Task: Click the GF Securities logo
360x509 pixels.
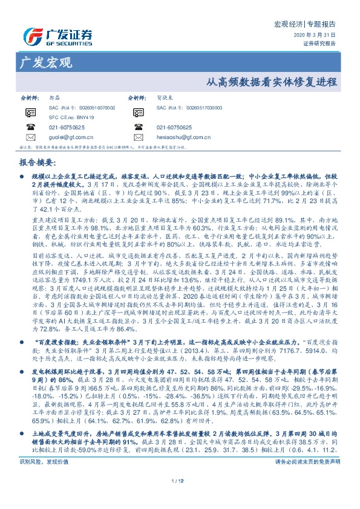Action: pyautogui.click(x=57, y=36)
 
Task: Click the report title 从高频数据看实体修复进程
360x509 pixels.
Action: pyautogui.click(x=271, y=82)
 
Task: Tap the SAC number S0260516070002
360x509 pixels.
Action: pyautogui.click(x=80, y=106)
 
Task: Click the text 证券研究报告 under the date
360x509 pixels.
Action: pyautogui.click(x=320, y=44)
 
